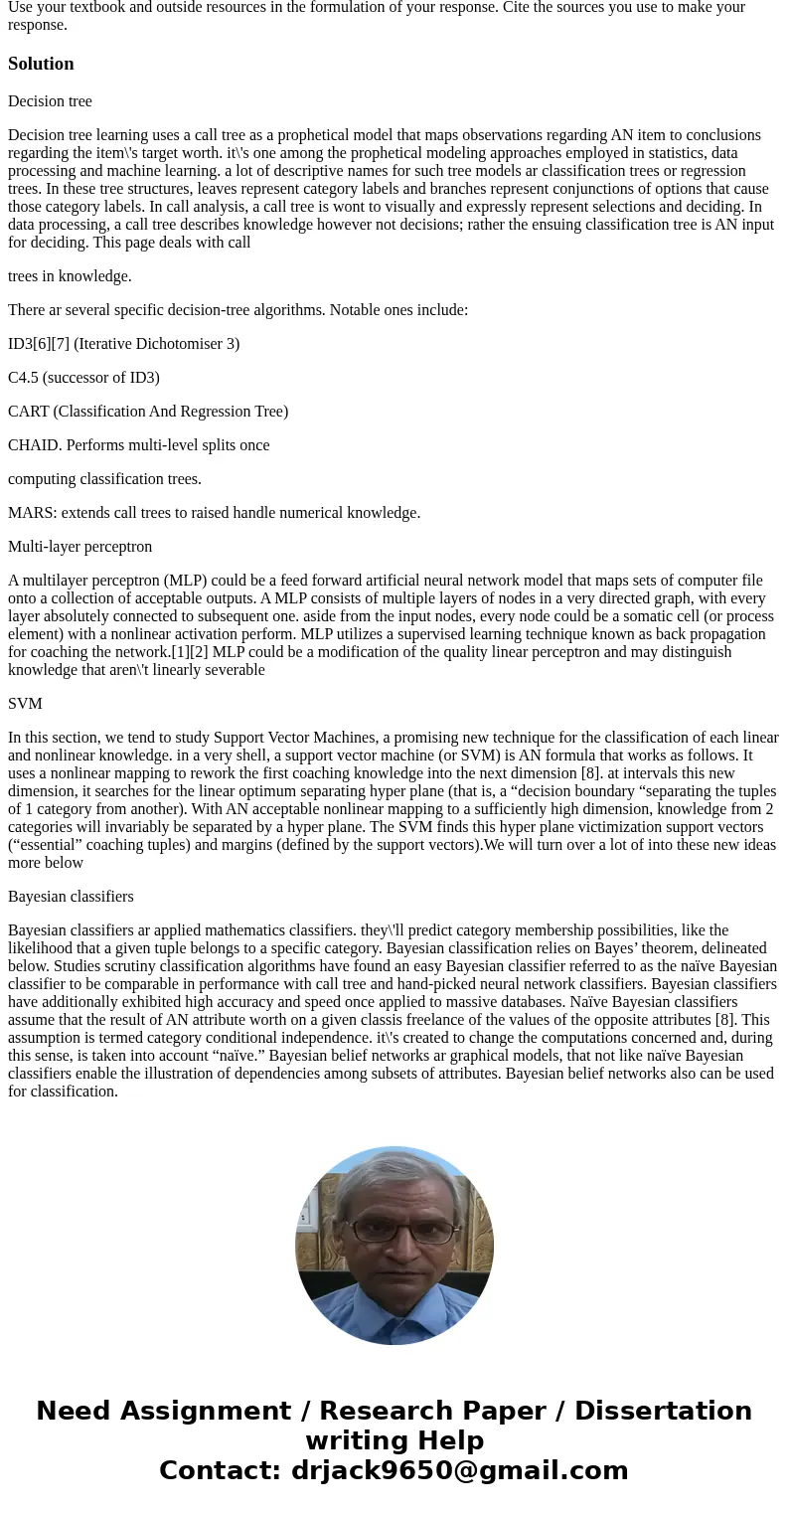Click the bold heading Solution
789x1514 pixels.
coord(41,64)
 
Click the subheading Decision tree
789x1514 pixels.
coord(50,101)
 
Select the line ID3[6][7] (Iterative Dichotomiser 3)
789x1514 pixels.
coord(123,344)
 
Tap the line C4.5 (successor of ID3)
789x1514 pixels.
coord(83,378)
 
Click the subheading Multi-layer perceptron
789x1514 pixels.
coord(79,547)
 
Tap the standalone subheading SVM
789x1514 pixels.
coord(25,704)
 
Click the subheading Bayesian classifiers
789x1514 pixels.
coord(71,897)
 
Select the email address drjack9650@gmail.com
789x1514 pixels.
coord(459,1471)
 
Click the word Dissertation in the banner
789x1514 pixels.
coord(663,1412)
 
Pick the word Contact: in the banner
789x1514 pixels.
coord(220,1471)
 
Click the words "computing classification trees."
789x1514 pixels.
coord(104,479)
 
